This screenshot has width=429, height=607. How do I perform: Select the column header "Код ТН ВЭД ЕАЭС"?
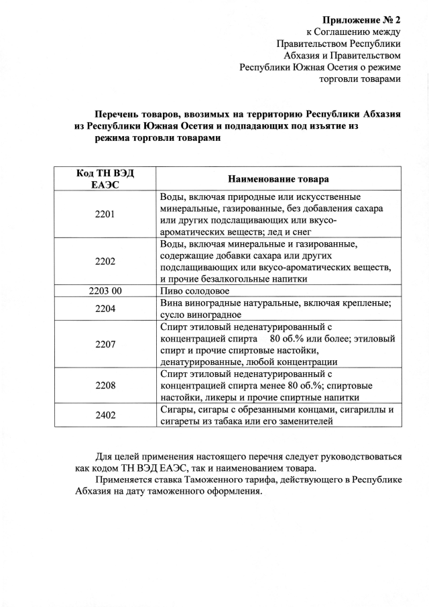click(105, 179)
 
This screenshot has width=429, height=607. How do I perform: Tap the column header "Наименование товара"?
click(278, 179)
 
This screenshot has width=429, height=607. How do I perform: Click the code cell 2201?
click(105, 214)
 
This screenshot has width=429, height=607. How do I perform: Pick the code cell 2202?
click(105, 261)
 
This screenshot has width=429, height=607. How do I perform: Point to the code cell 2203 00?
click(105, 291)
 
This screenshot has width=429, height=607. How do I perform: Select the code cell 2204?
click(105, 309)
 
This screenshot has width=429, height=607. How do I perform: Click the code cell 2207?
click(105, 344)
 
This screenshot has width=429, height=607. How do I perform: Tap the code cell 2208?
click(105, 386)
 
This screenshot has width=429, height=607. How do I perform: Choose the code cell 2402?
click(105, 415)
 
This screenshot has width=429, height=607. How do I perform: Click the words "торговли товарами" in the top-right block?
click(360, 79)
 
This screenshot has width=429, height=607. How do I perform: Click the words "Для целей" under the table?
click(119, 456)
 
